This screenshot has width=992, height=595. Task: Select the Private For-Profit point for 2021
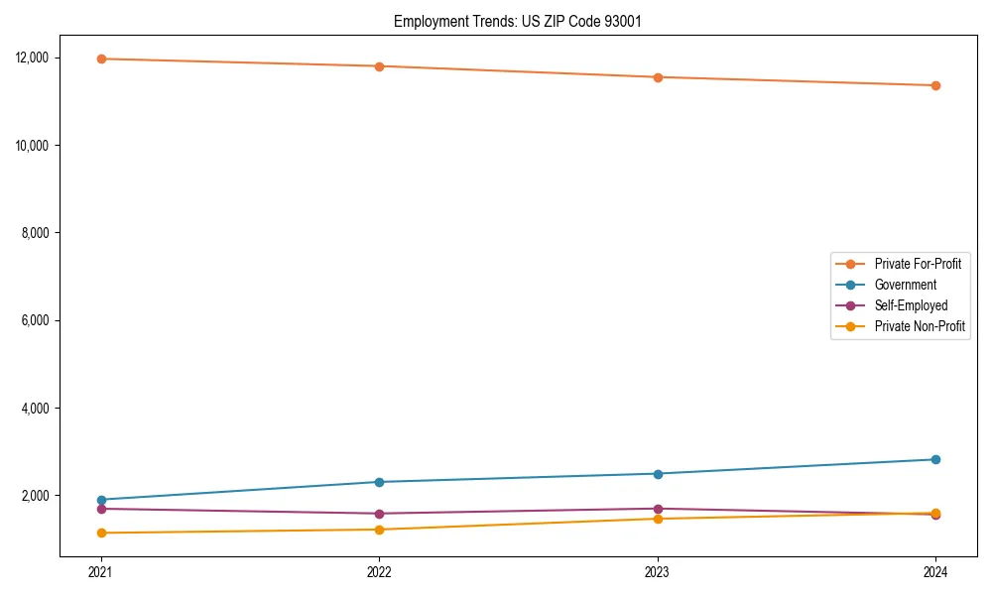[100, 59]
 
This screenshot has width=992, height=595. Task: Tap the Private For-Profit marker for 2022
[379, 66]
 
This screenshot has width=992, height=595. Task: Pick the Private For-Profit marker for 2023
[658, 77]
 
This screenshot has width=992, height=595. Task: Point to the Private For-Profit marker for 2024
[935, 85]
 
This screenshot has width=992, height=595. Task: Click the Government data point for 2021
[100, 500]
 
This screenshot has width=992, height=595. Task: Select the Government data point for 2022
[379, 482]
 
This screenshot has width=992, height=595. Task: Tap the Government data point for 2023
[658, 473]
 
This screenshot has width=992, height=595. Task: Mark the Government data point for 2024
[935, 459]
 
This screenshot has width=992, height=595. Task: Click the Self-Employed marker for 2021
[100, 509]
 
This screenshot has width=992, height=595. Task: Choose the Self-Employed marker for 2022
[379, 514]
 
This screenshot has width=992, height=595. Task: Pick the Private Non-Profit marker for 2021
[100, 533]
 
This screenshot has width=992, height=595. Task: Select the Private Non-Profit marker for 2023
[658, 519]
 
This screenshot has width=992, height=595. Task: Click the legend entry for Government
[905, 285]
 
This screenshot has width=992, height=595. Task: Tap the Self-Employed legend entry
[911, 305]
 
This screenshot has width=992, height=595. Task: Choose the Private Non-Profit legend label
[920, 326]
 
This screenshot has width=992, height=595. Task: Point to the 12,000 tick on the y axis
[45, 58]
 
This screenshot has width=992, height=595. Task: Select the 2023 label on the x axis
[658, 572]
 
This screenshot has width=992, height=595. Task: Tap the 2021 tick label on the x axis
[100, 572]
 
